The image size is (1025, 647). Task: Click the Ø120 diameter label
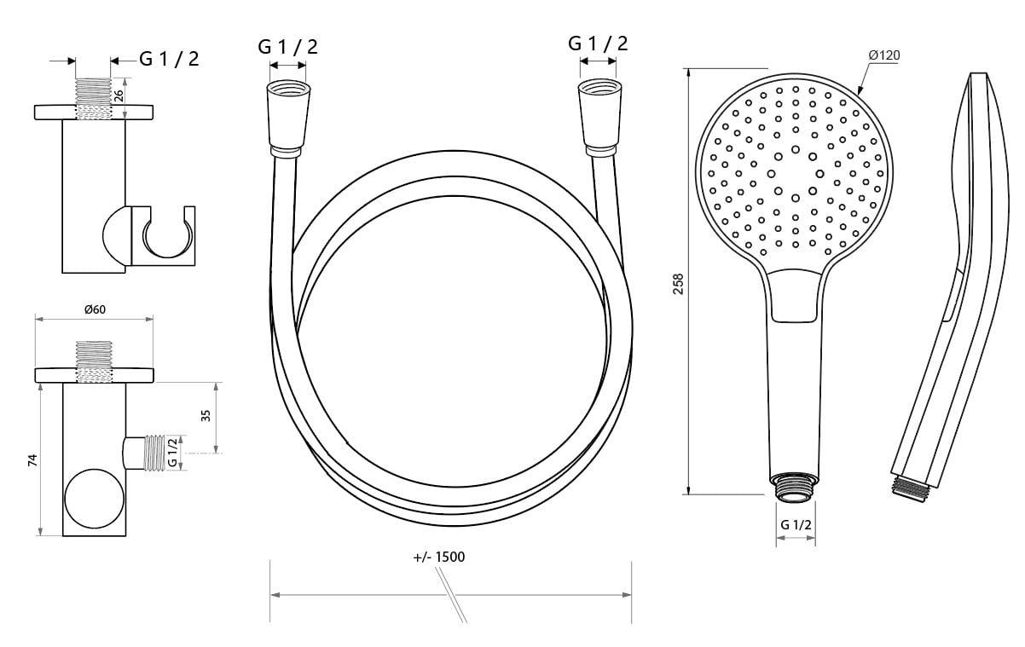click(884, 55)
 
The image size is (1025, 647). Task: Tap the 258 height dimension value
click(678, 284)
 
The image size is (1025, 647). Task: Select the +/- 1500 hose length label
click(439, 557)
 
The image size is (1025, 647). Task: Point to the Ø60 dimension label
click(96, 309)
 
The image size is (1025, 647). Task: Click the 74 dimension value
click(32, 459)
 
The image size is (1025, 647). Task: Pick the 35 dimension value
click(206, 415)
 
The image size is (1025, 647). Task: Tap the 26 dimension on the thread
click(118, 95)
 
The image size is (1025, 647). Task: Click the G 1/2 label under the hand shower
click(796, 525)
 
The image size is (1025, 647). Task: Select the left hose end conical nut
click(288, 119)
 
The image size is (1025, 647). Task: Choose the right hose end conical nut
click(599, 118)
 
